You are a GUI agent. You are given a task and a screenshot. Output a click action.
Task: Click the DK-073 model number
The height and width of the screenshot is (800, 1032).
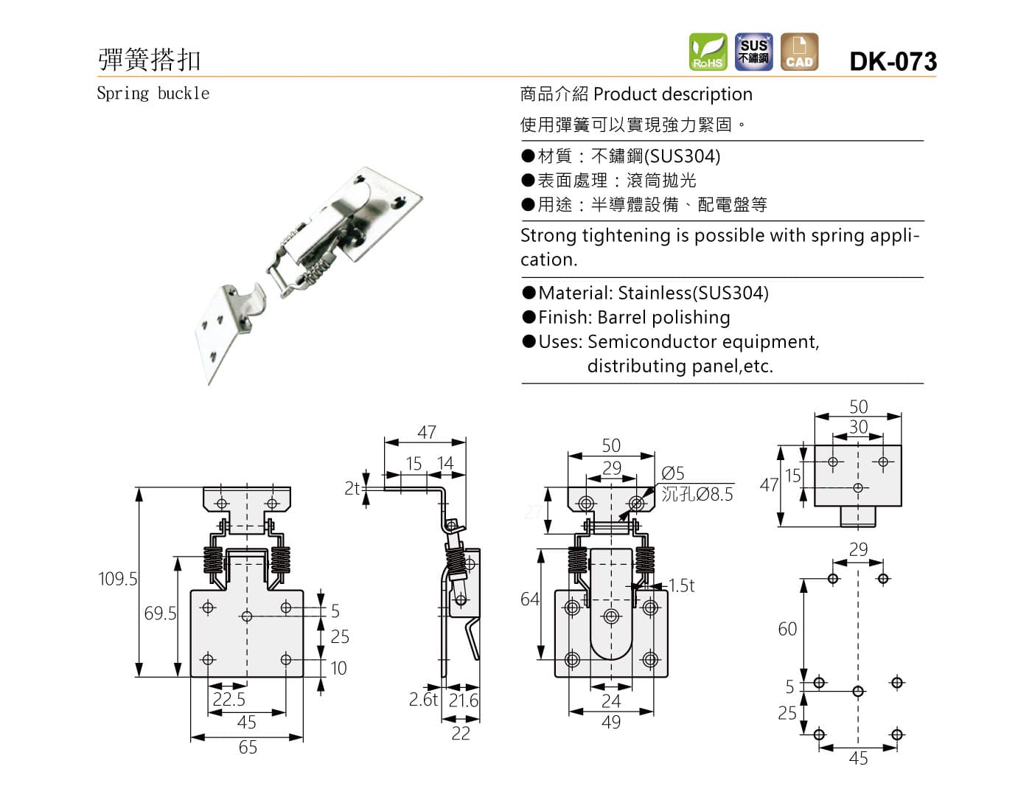click(x=893, y=60)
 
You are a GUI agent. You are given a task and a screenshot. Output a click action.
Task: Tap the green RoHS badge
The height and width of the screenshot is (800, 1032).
click(x=708, y=52)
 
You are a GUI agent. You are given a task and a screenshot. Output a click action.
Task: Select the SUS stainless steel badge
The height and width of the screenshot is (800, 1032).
click(x=753, y=52)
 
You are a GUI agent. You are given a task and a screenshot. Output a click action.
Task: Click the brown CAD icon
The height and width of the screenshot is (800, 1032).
click(x=799, y=52)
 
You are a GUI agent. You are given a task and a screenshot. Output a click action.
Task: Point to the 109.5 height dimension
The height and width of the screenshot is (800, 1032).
click(x=118, y=579)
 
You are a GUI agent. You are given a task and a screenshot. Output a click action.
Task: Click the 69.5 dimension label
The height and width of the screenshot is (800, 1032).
click(x=160, y=613)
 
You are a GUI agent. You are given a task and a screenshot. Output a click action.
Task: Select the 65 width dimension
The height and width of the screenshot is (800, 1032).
click(x=248, y=748)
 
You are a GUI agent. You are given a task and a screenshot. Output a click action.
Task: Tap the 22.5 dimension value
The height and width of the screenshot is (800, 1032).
click(x=229, y=699)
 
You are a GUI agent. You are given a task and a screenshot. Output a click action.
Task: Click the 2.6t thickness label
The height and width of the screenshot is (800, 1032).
click(x=423, y=699)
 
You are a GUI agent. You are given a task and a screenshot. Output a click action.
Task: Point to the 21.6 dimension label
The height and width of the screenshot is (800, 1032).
click(x=464, y=700)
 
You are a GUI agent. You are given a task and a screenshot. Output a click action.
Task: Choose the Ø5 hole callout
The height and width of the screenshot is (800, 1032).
click(x=672, y=473)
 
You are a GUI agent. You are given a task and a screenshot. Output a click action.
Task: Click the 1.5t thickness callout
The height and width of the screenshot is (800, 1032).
click(x=682, y=585)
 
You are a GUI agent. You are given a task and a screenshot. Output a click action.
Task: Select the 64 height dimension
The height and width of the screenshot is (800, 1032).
click(x=530, y=599)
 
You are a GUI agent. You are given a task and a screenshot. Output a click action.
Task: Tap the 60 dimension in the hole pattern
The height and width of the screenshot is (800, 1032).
click(x=787, y=629)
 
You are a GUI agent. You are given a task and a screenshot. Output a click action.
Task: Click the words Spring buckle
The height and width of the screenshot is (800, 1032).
click(x=153, y=94)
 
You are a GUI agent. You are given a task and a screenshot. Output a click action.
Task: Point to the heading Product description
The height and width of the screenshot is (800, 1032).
click(x=672, y=94)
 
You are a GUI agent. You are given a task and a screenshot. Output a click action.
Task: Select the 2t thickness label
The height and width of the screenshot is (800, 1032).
click(x=352, y=488)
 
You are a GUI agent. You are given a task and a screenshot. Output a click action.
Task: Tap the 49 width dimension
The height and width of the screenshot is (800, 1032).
click(x=611, y=723)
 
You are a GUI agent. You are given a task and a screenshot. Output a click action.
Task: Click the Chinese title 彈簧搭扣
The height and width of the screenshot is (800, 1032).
click(x=150, y=60)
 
